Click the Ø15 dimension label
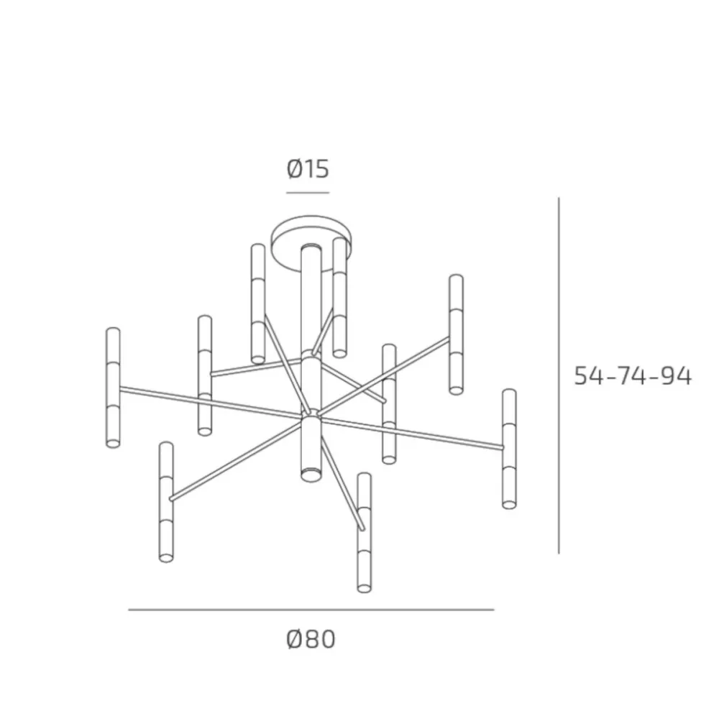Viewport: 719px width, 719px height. pos(308,169)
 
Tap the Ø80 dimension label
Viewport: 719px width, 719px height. pos(311,639)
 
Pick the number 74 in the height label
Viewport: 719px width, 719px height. pos(632,376)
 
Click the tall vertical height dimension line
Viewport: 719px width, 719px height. pos(559,375)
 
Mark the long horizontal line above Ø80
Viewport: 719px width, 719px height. pos(311,610)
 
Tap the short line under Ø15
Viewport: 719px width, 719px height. pos(308,193)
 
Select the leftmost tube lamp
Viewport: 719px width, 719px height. pos(113,388)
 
